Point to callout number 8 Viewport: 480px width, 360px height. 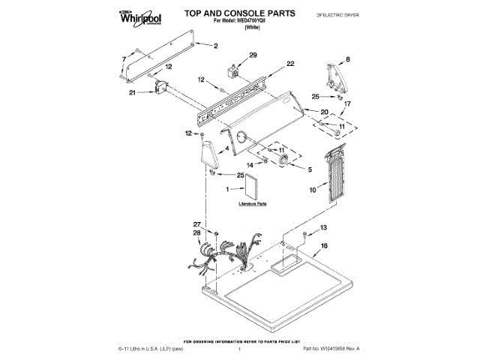[x=347, y=58]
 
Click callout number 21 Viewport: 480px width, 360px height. [x=133, y=93]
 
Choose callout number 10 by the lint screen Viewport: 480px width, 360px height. [x=312, y=190]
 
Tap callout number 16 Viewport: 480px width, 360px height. [x=324, y=245]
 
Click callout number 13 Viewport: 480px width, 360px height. [x=324, y=227]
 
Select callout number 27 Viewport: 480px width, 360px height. [x=197, y=224]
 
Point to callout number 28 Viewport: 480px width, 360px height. [x=197, y=233]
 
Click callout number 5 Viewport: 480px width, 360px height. [x=310, y=169]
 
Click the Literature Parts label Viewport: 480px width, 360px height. [x=253, y=203]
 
